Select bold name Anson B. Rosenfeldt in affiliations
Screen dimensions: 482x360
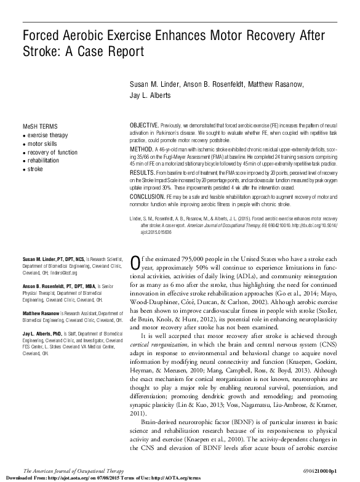[x=43, y=287]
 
